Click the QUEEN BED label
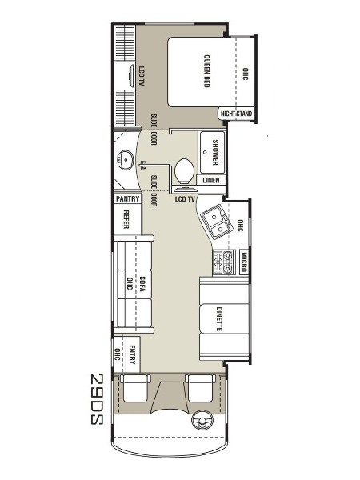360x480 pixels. coord(207,71)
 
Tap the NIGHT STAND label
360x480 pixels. coord(236,114)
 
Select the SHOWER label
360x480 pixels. coord(215,152)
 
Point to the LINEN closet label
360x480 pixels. coord(211,180)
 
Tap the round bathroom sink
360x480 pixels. coord(126,160)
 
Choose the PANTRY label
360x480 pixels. coord(128,199)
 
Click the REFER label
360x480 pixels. coord(126,219)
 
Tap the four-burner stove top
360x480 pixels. coord(224,262)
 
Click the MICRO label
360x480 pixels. coord(244,262)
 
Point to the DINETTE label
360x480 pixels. coord(219,319)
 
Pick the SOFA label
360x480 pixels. coord(142,284)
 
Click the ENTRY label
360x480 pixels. coord(132,354)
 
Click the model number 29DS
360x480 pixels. coord(97,399)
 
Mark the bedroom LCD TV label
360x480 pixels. coord(142,76)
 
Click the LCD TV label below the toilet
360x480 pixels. coord(185,199)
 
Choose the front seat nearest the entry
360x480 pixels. coord(135,388)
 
